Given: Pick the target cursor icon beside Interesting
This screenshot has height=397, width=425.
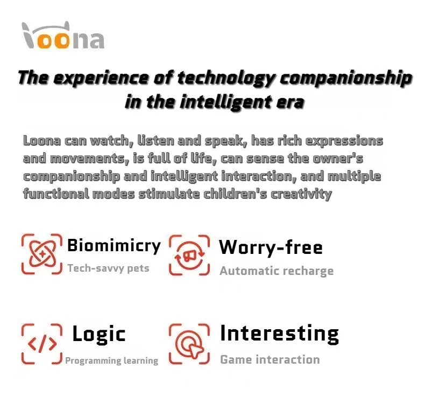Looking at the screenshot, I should coord(189,344).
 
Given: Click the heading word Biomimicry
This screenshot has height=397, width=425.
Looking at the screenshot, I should coord(114,246).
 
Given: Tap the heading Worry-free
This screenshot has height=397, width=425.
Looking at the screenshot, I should coord(271,247).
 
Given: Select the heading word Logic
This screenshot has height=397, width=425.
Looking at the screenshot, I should coord(98,334).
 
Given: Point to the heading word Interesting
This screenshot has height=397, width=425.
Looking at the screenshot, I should coord(279,333).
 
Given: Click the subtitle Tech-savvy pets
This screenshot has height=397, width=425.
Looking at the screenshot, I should coord(108,268).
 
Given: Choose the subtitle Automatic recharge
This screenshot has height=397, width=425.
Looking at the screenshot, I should coord(276,271).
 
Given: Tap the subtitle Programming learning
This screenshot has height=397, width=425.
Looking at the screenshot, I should coord(111,360).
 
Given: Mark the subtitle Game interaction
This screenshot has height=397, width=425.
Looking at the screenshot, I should coord(270,359).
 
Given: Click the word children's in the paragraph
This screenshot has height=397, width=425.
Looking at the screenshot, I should coord(237,194).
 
